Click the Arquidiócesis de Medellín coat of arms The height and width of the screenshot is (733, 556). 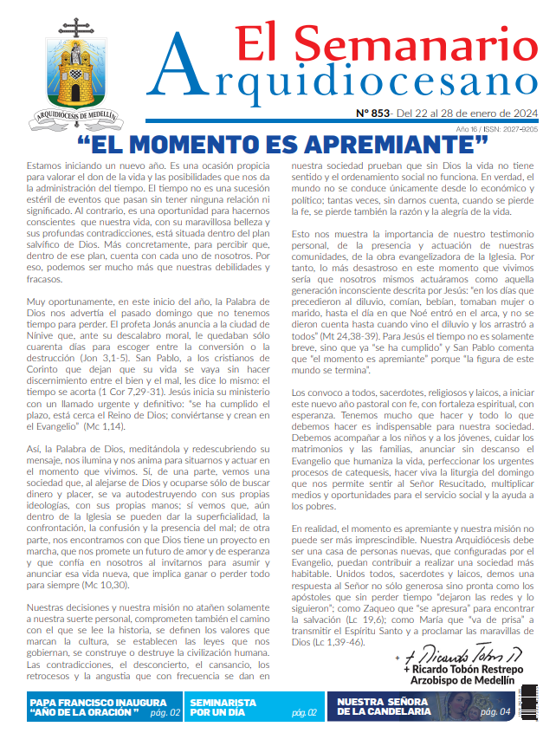coord(76,69)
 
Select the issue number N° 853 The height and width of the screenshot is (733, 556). coord(372,114)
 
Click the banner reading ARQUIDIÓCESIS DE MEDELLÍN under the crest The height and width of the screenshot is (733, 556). coord(76,114)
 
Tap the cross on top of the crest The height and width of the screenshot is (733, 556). coord(76,25)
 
